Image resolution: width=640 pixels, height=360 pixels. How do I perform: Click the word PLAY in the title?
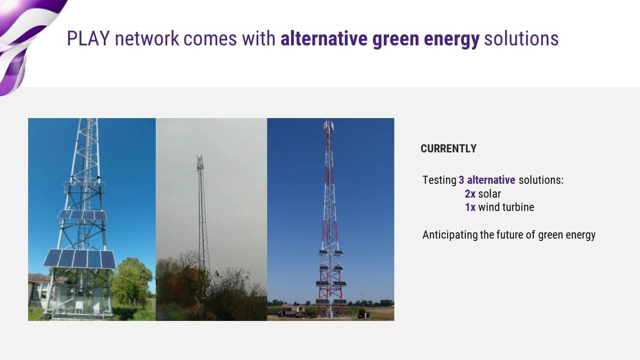[88, 38]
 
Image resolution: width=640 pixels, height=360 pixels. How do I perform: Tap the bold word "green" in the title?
[395, 40]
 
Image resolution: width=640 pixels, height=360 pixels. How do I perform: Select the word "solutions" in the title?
[521, 38]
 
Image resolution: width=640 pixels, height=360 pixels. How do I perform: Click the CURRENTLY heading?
[449, 149]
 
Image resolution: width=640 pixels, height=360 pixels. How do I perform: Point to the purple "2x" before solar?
[470, 194]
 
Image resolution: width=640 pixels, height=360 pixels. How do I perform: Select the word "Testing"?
[440, 180]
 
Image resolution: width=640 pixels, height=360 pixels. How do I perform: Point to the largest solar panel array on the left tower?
[80, 259]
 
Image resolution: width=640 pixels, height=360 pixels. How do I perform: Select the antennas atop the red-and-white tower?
[329, 127]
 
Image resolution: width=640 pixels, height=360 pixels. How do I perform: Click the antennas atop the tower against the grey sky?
[200, 162]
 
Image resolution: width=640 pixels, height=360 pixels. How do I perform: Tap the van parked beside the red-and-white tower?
[290, 311]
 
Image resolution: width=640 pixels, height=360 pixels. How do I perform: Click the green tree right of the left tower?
[131, 281]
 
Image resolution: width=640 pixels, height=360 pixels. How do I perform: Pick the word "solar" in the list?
[490, 194]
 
